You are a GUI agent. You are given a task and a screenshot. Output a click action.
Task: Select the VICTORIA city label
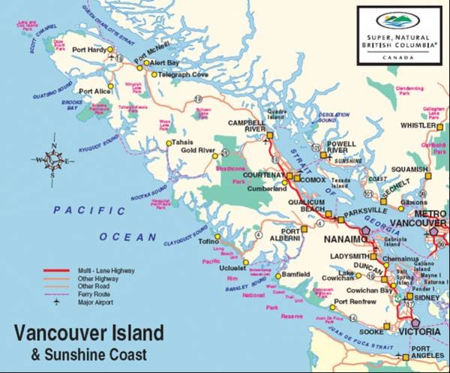click(418, 331)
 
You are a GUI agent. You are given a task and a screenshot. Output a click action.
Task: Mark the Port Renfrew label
click(353, 302)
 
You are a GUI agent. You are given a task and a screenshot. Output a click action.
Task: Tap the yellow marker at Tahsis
click(167, 142)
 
